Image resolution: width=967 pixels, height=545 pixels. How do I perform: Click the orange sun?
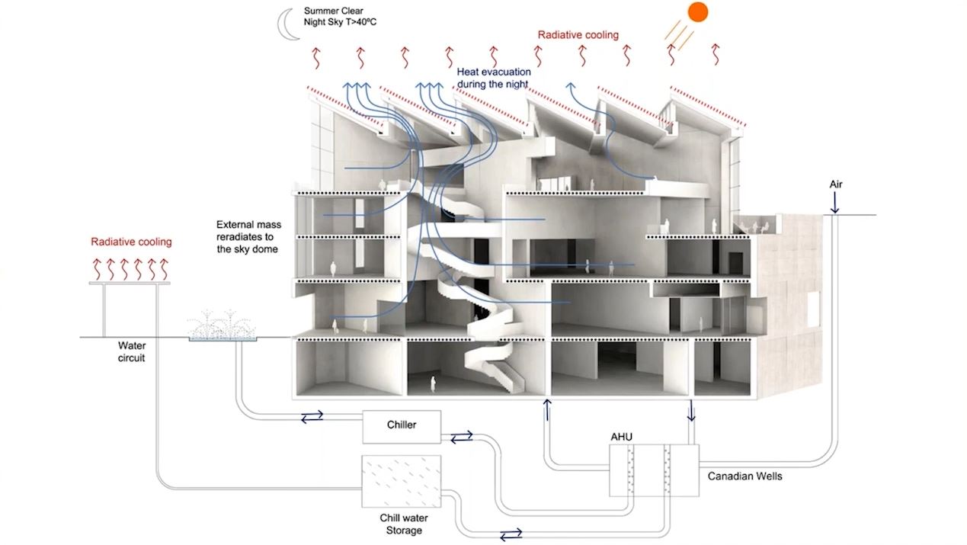click(x=697, y=11)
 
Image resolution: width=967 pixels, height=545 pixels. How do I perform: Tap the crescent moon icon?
click(x=285, y=26)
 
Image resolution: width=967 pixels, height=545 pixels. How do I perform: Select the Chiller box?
click(x=402, y=427)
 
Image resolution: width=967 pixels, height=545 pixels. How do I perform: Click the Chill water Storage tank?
click(x=402, y=481)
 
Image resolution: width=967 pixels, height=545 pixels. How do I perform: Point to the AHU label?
click(x=621, y=437)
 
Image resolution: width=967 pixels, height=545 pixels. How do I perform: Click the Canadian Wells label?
click(x=744, y=476)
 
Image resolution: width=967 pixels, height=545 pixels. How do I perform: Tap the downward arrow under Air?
click(x=835, y=202)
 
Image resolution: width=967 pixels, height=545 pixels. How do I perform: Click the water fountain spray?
click(x=222, y=324)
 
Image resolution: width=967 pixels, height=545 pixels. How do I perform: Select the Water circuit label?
click(x=132, y=351)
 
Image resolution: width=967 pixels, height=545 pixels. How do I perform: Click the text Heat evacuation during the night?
click(x=494, y=78)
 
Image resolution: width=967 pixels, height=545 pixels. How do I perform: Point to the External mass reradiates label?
click(x=248, y=236)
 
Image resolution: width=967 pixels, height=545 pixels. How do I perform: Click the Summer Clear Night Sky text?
click(x=340, y=17)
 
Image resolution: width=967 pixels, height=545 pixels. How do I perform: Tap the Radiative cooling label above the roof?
click(x=578, y=35)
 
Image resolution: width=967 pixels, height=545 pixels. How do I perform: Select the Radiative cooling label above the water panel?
click(x=131, y=242)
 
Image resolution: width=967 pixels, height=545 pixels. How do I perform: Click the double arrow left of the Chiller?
click(x=312, y=416)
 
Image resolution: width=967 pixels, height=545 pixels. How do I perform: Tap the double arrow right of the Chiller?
click(x=462, y=437)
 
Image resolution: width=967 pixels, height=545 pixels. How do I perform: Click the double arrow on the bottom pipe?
click(x=511, y=534)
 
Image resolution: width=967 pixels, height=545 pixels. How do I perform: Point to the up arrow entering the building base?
click(x=547, y=410)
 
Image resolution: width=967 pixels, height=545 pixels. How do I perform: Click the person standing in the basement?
click(x=433, y=384)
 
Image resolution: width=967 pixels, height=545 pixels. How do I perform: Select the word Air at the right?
click(x=836, y=184)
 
